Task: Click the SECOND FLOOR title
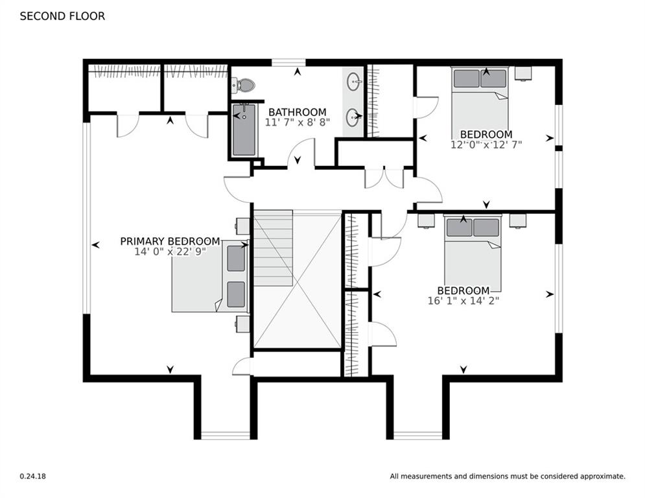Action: coord(62,16)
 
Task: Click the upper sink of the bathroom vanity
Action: coord(354,82)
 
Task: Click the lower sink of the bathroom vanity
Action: coord(354,117)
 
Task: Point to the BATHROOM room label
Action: coord(298,112)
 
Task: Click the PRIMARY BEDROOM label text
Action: coord(170,241)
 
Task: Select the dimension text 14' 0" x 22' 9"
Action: coord(170,252)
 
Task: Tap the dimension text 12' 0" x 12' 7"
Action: coord(486,145)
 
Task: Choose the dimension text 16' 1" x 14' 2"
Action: coord(463,300)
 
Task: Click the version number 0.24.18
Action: coord(32,477)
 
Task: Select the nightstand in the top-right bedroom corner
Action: coord(524,73)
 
